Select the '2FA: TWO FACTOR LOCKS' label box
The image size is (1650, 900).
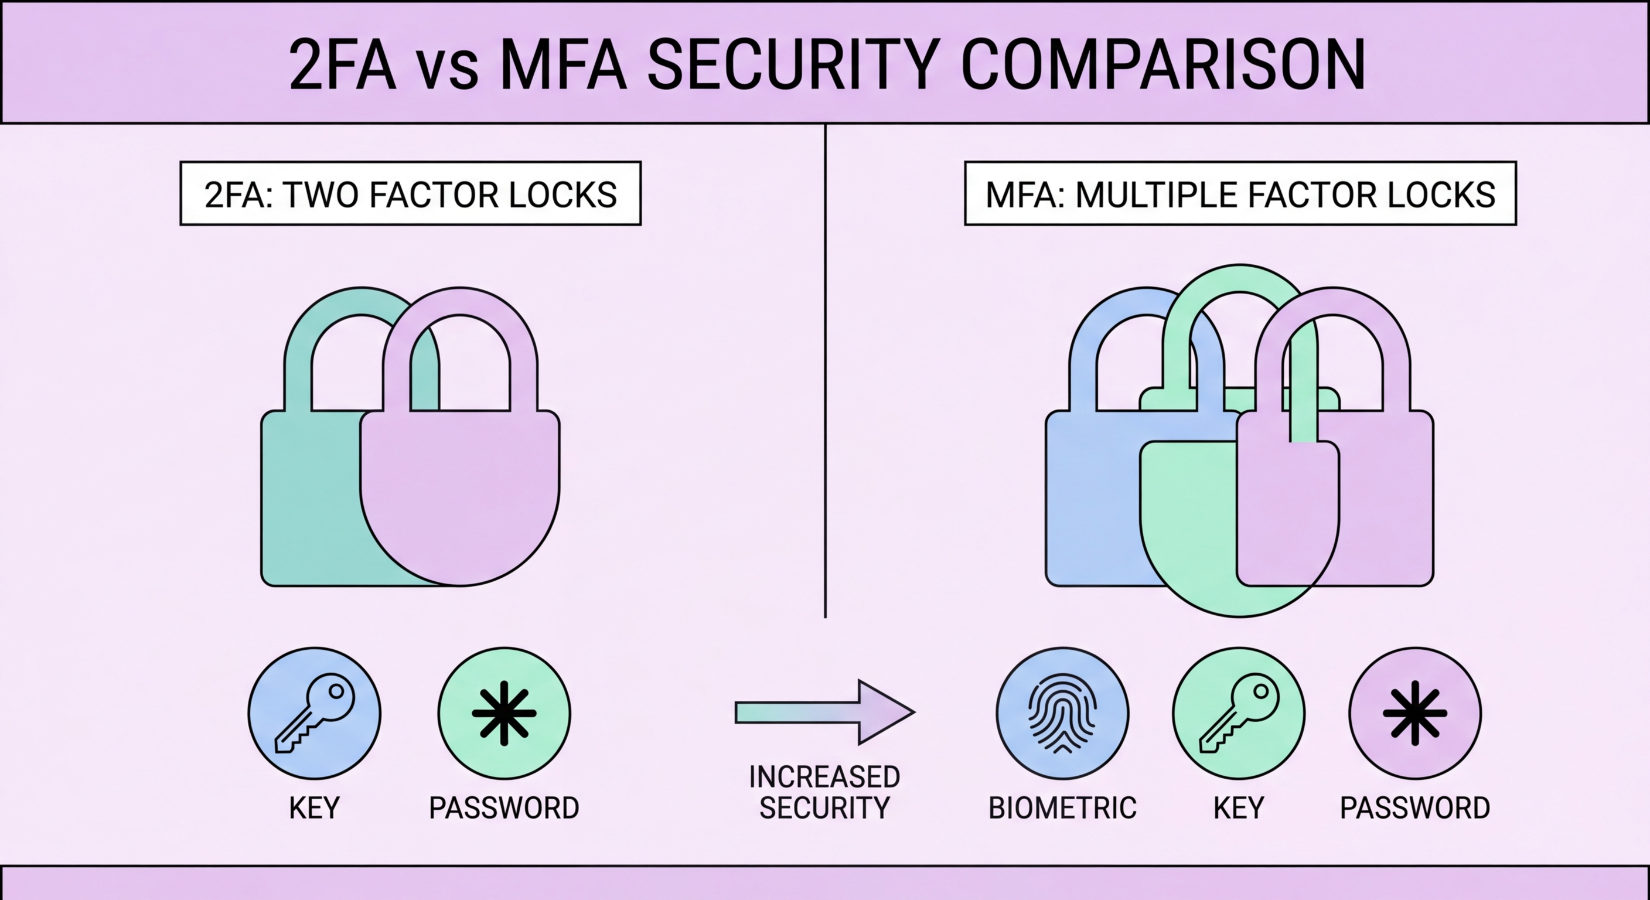click(411, 194)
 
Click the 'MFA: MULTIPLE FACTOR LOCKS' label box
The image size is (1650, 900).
click(1240, 194)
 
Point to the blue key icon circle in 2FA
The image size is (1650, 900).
click(315, 713)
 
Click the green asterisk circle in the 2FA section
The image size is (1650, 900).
click(504, 713)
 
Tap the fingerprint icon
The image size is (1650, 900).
click(1063, 713)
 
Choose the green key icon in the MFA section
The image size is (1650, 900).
click(1239, 713)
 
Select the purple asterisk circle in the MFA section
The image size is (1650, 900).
click(1415, 713)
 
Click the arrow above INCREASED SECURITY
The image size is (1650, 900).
click(824, 712)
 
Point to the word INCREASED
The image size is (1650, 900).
click(824, 777)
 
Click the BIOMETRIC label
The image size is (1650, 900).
click(1063, 808)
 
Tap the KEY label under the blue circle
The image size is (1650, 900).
click(315, 808)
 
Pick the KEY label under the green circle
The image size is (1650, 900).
click(1239, 808)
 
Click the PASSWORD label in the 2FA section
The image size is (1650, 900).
click(504, 808)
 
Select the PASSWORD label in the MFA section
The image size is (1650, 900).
click(1415, 808)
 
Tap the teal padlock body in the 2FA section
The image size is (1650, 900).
click(308, 500)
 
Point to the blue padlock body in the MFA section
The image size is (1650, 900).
click(1089, 500)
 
